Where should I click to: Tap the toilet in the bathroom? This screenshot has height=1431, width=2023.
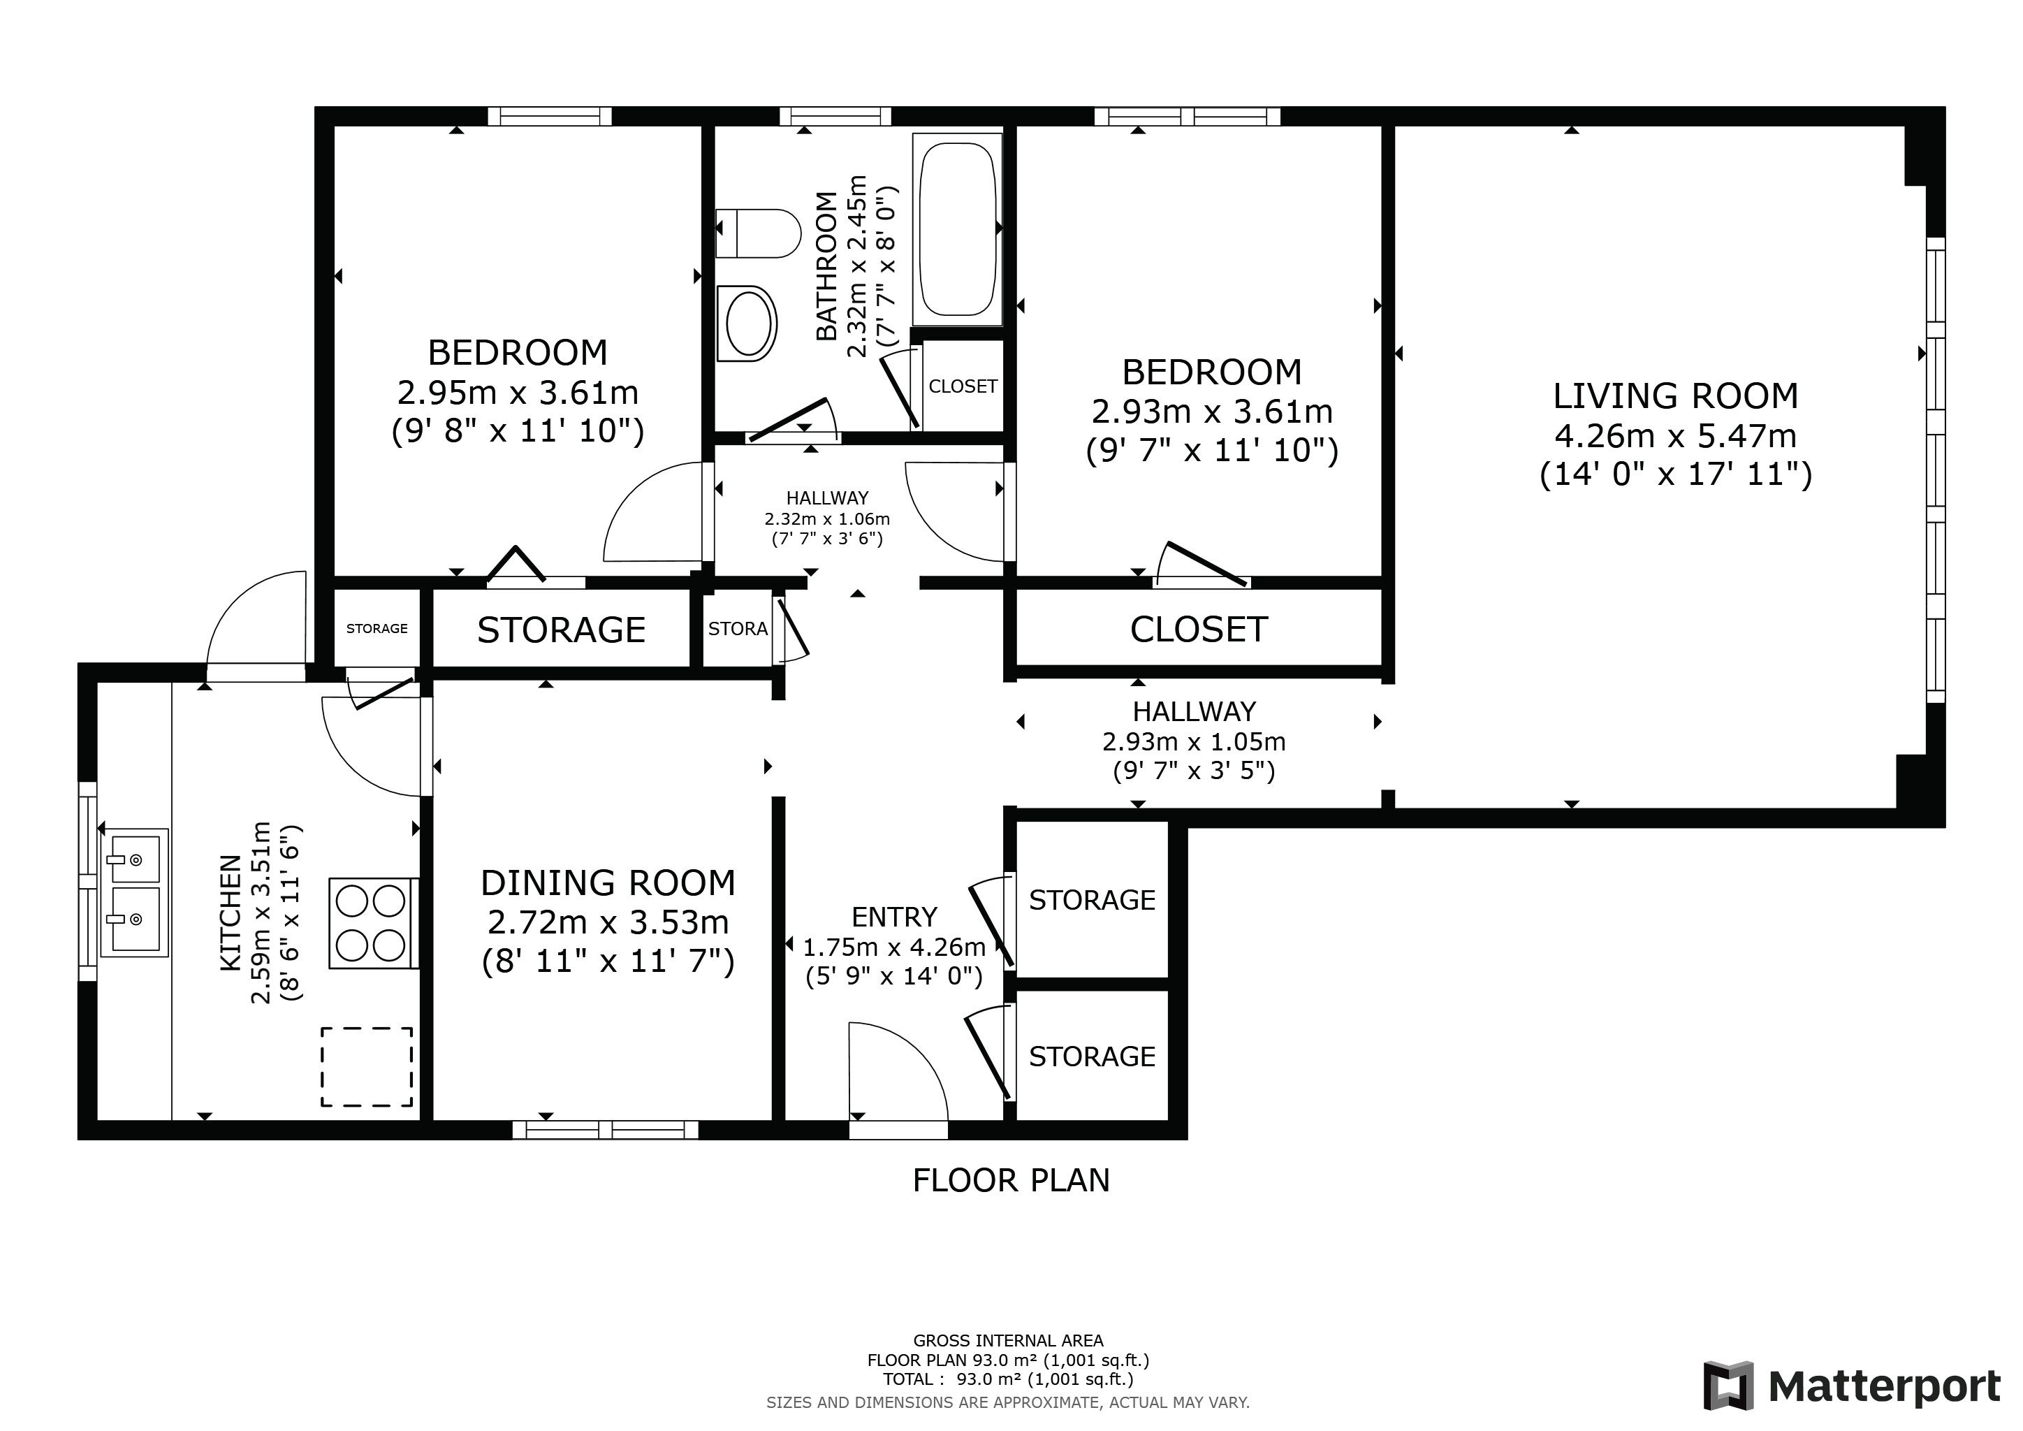(758, 233)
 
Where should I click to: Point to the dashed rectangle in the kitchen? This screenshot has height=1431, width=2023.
(367, 1067)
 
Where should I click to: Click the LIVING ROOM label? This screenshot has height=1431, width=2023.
(1675, 396)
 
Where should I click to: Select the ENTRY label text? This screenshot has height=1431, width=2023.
(894, 917)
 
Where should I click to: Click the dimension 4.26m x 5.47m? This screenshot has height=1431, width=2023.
(1675, 435)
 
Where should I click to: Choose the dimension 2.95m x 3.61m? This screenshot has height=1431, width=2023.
(518, 392)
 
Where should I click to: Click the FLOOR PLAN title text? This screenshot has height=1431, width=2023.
(1011, 1180)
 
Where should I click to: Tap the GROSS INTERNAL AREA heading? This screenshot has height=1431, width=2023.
(1008, 1341)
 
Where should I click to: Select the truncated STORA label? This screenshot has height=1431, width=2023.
(738, 629)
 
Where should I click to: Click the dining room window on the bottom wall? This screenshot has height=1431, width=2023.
(606, 1130)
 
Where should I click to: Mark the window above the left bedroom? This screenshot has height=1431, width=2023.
(550, 116)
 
